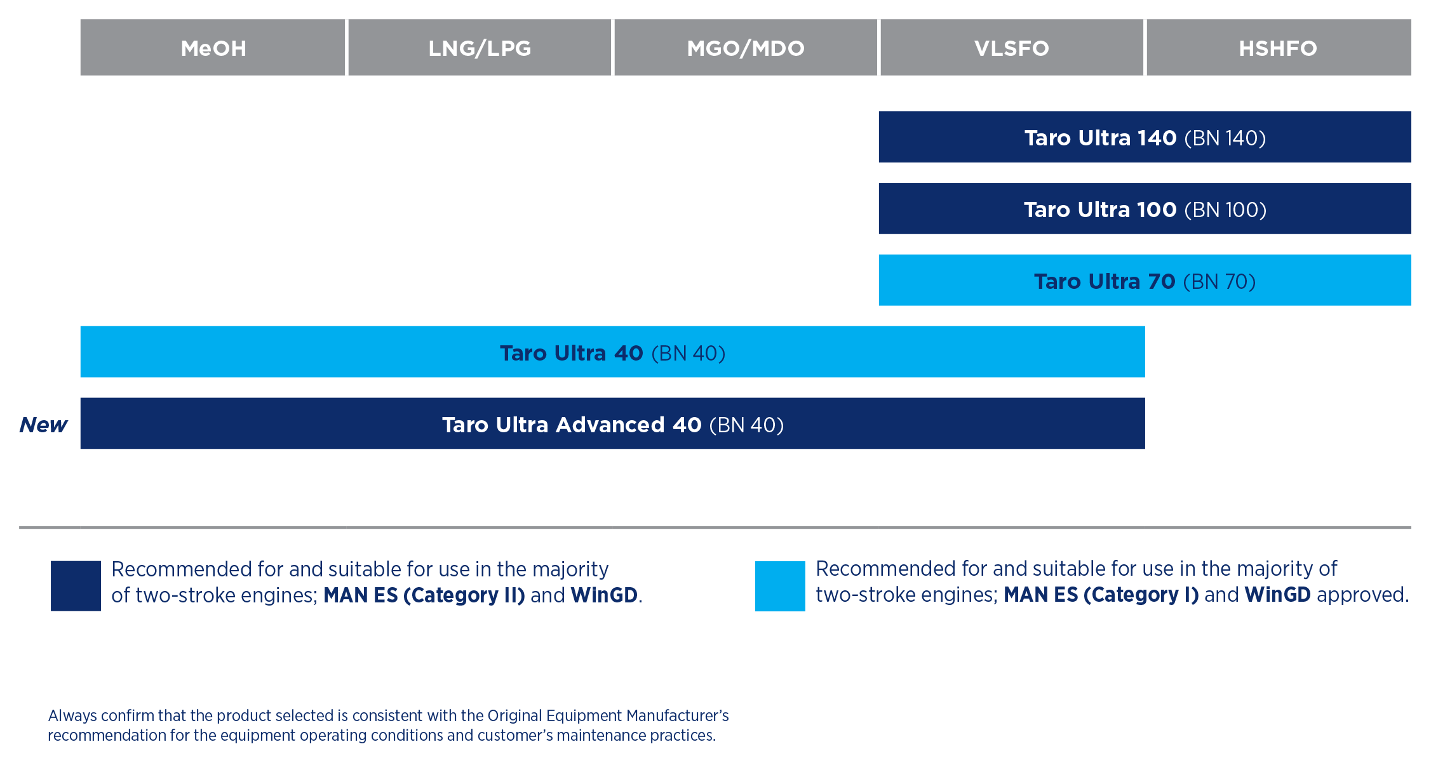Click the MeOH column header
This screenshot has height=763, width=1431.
[x=213, y=48]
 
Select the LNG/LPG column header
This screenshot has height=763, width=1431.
[x=480, y=48]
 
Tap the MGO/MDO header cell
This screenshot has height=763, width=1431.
[x=746, y=48]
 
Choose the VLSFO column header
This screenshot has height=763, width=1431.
[x=1012, y=48]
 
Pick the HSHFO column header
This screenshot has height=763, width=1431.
[x=1279, y=48]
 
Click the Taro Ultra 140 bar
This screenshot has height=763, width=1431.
[x=1145, y=137]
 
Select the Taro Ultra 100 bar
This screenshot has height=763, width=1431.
[x=1145, y=209]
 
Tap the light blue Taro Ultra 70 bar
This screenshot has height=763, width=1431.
[x=1145, y=281]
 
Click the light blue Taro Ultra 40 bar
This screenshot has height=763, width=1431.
[x=613, y=352]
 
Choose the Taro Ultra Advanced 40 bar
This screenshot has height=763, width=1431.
[x=613, y=423]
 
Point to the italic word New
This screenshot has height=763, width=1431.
[x=43, y=425]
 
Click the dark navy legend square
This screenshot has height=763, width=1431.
[x=76, y=586]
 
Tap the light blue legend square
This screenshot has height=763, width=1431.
[x=780, y=586]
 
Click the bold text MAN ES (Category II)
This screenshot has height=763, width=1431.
[x=424, y=595]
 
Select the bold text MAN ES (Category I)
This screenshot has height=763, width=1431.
[x=1101, y=595]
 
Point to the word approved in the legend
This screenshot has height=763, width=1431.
[x=1362, y=595]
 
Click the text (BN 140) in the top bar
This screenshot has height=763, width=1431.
[x=1225, y=138]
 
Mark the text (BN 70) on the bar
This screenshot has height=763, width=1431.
[x=1219, y=282]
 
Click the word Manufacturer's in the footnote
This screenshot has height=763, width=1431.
[x=678, y=716]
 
